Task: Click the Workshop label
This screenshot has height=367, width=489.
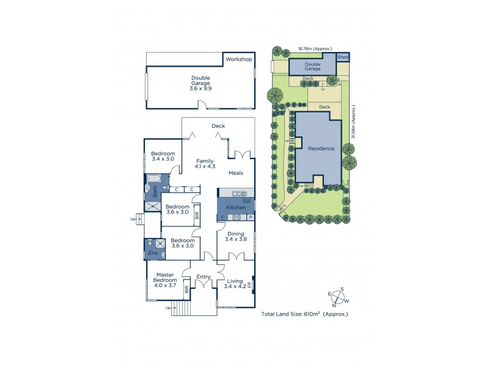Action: pos(239,59)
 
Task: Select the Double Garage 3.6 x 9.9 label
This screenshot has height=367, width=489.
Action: pos(200,83)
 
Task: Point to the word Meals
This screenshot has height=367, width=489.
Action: pos(236,173)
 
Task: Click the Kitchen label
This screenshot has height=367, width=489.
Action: pos(236,209)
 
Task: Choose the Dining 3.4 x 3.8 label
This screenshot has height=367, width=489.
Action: pos(236,237)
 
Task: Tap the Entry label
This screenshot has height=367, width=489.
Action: pos(204,277)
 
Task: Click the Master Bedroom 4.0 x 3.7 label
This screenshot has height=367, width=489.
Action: pos(166,281)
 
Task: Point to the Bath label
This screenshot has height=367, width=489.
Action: pos(155,190)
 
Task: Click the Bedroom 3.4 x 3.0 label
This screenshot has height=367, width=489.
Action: pos(163,156)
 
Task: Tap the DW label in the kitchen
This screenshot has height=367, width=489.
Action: pos(246,201)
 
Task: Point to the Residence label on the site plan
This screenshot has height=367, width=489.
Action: pos(321,149)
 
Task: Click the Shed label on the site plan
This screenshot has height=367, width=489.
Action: pos(343,56)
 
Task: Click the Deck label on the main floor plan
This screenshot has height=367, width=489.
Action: pos(218,126)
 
